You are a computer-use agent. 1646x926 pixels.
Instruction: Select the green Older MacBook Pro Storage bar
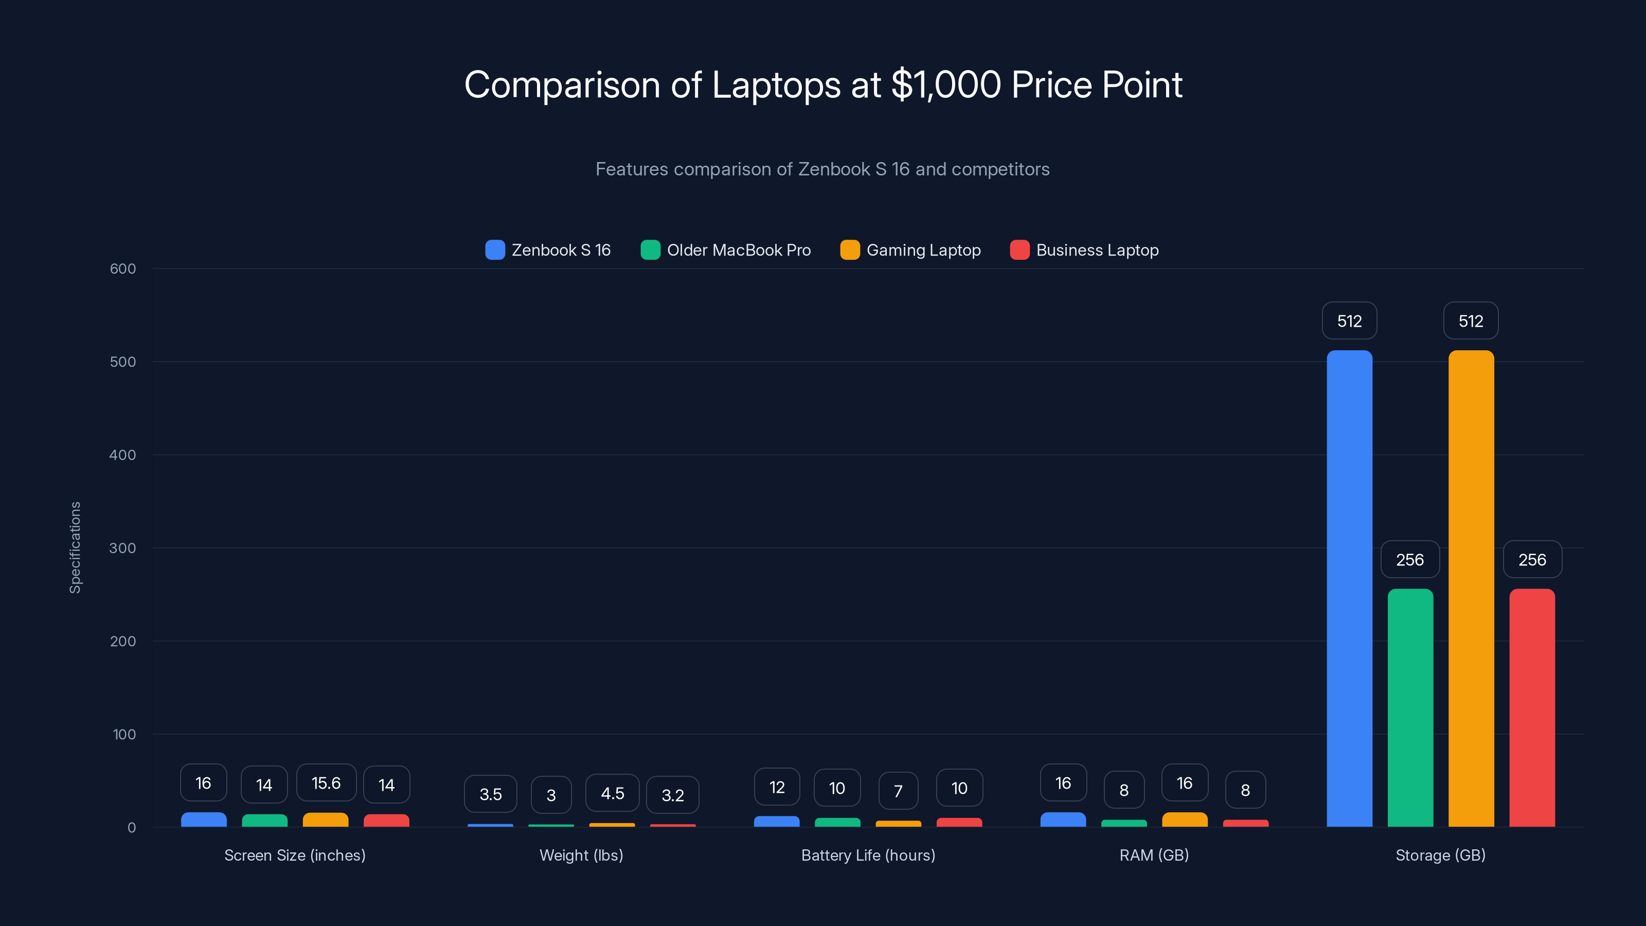tap(1410, 707)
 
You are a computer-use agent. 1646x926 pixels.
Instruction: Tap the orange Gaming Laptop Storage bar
tap(1471, 588)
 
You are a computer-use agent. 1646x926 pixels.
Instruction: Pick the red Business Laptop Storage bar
tap(1532, 707)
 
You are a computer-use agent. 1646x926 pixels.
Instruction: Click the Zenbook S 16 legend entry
tap(548, 250)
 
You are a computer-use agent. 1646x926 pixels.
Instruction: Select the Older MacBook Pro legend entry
tap(726, 250)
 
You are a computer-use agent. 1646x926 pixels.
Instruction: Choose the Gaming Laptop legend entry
tap(910, 250)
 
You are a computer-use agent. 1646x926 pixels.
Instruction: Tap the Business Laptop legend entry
tap(1084, 250)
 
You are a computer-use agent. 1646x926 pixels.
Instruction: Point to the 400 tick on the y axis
tap(123, 455)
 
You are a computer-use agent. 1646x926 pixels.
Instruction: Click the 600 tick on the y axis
tap(123, 269)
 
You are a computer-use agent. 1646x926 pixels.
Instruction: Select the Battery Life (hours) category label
tap(868, 855)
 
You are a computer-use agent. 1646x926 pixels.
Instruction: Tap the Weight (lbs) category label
tap(581, 855)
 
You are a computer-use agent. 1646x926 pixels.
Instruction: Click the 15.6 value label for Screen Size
tap(326, 783)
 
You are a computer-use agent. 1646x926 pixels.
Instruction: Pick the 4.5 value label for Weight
tap(612, 793)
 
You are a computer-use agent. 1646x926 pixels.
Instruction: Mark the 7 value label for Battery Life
tap(898, 791)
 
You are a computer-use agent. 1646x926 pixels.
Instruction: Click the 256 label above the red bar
tap(1532, 560)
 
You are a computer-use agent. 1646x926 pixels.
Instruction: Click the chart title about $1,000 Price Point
tap(823, 84)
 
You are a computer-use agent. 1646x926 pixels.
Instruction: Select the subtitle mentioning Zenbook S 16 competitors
tap(822, 169)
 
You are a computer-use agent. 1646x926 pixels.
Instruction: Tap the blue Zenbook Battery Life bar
tap(776, 821)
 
